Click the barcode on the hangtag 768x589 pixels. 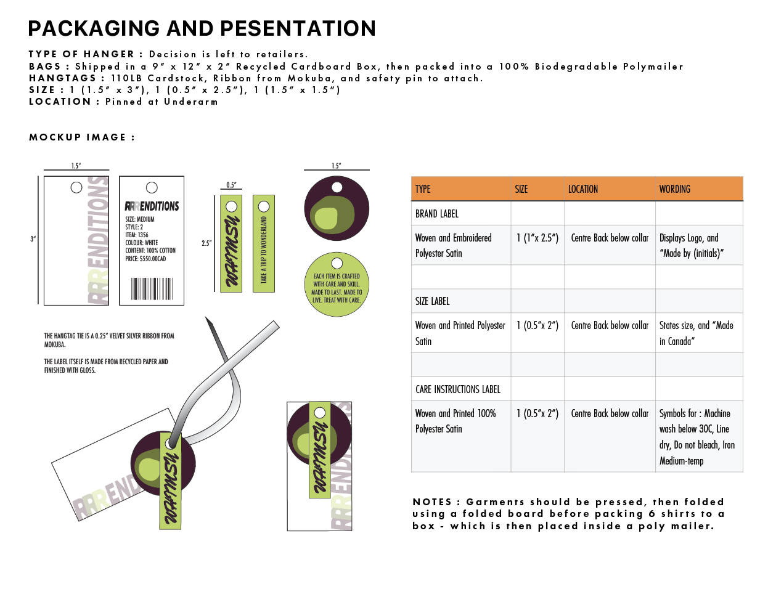tap(152, 288)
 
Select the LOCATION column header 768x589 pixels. tap(582, 189)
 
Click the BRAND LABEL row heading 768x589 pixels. tap(437, 214)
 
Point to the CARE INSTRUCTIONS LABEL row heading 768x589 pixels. tap(457, 389)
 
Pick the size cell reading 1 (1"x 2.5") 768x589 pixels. tap(537, 238)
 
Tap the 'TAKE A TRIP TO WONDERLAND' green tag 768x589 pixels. tap(264, 244)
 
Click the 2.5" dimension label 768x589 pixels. tap(206, 243)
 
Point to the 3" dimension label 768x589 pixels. tap(33, 239)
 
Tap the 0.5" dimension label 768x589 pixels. tap(231, 185)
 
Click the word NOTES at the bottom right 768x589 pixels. tap(432, 502)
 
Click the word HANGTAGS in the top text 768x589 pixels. tap(62, 78)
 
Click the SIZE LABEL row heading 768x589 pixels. tap(432, 301)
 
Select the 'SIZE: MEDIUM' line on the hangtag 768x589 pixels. tap(140, 219)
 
